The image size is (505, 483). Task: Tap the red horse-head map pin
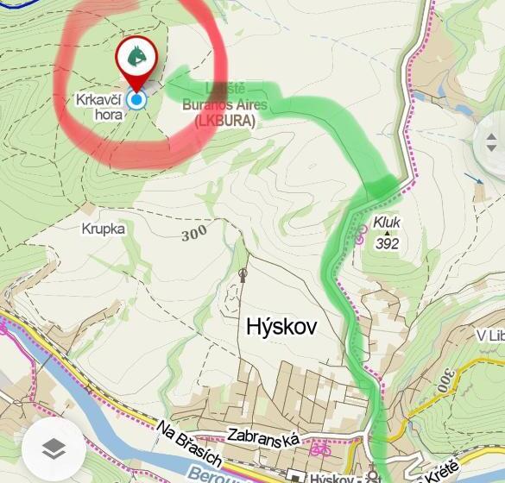pos(136,58)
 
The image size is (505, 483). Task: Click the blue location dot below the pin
pos(136,100)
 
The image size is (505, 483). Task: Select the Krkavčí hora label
pos(98,107)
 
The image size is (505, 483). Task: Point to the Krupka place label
pos(104,229)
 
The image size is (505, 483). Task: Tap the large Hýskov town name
pos(281,327)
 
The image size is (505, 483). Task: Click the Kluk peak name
pos(388,222)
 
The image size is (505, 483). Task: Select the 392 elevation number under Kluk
pos(388,243)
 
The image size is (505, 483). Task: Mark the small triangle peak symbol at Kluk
pos(388,233)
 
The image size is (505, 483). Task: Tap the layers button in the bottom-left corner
pos(54,448)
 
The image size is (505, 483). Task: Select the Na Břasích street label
pos(192,443)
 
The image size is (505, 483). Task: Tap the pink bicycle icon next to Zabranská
pos(320,449)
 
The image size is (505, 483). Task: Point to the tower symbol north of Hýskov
pos(243,275)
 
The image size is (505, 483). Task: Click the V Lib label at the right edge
pos(489,335)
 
